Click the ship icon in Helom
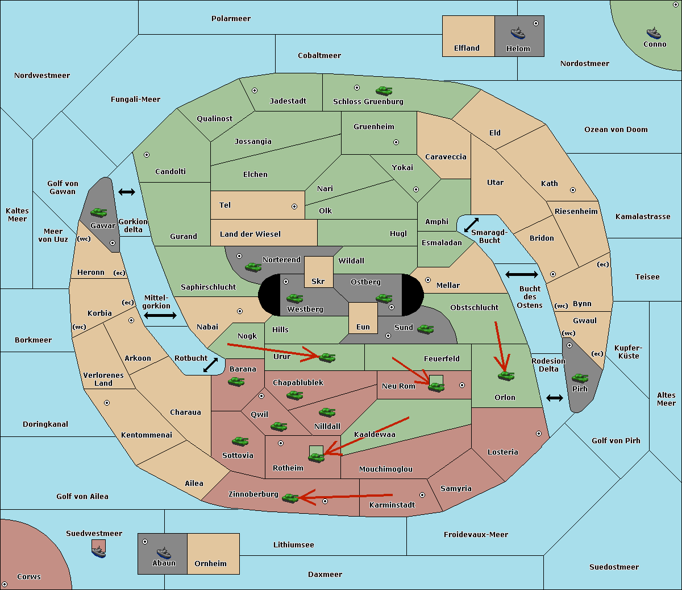[518, 34]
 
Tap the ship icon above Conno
[654, 34]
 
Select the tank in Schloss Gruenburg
[384, 90]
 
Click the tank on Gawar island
[99, 212]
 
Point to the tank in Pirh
[580, 378]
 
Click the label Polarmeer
[231, 19]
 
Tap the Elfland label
[467, 48]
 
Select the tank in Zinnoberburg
[290, 498]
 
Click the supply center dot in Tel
[294, 207]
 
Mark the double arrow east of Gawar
[127, 192]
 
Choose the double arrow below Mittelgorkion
[160, 315]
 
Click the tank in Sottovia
[240, 441]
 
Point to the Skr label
[318, 281]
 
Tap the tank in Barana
[236, 382]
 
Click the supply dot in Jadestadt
[255, 90]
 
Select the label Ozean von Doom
[616, 130]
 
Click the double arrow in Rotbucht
[211, 365]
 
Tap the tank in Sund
[425, 329]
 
